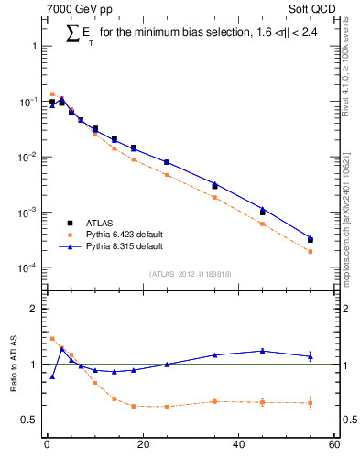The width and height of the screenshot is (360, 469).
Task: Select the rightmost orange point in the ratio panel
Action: [x=311, y=402]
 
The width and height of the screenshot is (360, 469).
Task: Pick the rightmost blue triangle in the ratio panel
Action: [x=311, y=356]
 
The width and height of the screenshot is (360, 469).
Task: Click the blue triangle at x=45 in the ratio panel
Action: [x=263, y=351]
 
